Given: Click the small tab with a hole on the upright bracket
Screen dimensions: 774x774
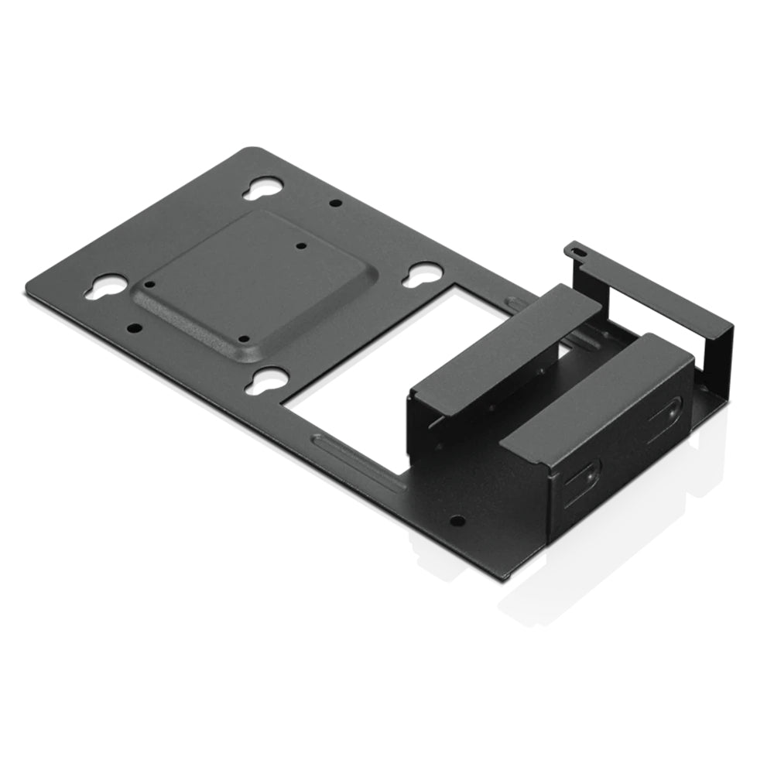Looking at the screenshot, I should pyautogui.click(x=576, y=250).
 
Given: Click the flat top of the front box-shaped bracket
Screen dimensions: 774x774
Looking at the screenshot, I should pyautogui.click(x=596, y=402).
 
